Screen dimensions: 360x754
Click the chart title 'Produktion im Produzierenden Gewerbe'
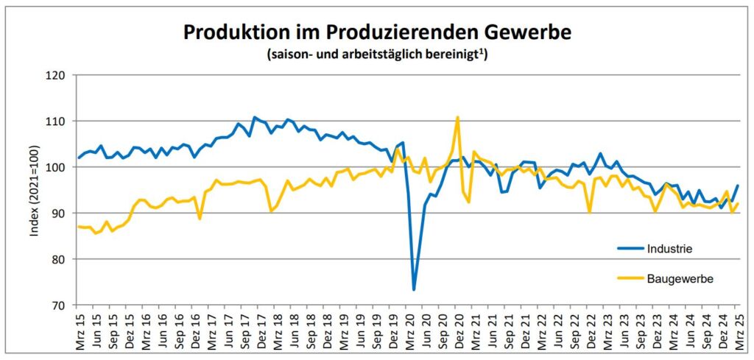tap(376, 32)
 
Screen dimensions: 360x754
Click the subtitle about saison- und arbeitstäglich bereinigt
tap(376, 54)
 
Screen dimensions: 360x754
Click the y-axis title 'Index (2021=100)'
tap(34, 190)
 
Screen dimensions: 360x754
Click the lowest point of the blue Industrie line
tap(414, 289)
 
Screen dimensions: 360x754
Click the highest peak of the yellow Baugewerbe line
tap(457, 117)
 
